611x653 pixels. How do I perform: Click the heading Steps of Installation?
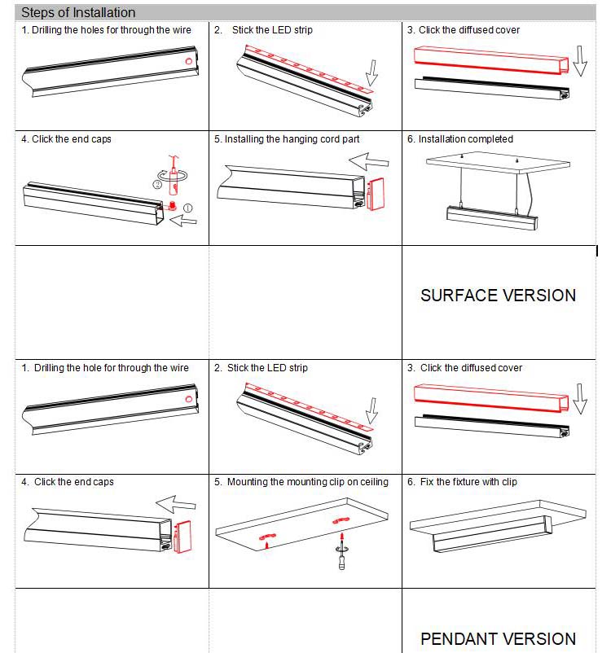(78, 13)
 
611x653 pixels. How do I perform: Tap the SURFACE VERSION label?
(498, 296)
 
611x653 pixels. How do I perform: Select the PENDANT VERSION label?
(498, 639)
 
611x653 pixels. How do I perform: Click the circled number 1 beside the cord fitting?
(188, 208)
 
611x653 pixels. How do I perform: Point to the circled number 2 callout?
(156, 184)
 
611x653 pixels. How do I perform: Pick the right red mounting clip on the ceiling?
(340, 519)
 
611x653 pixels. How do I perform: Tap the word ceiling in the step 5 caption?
(371, 482)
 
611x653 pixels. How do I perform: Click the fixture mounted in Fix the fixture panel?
(489, 532)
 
